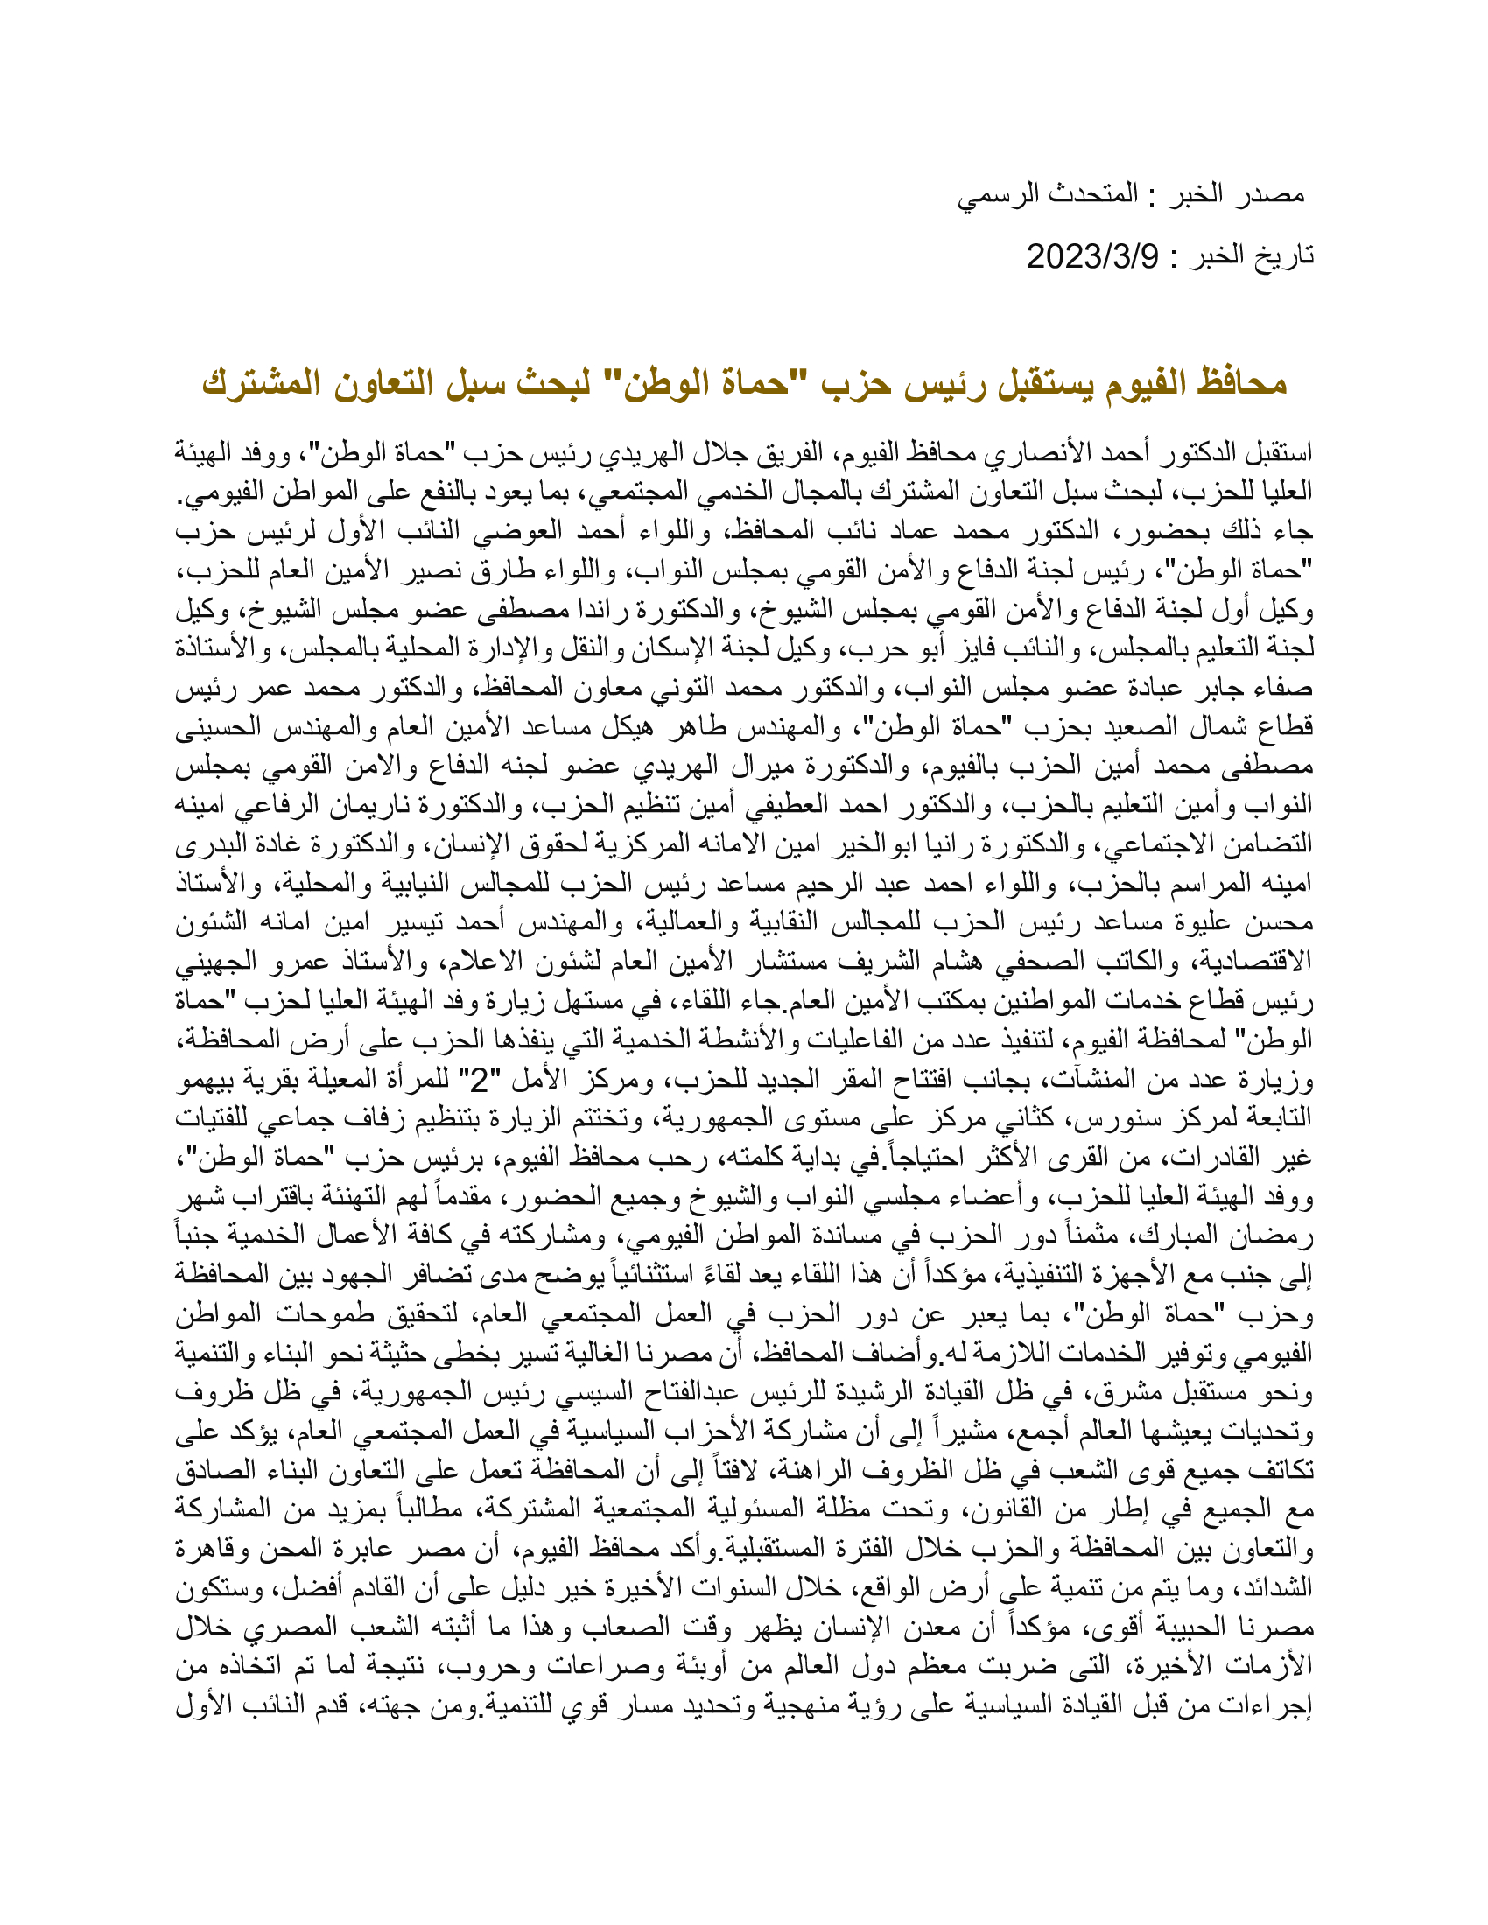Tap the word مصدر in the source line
click(x=1271, y=194)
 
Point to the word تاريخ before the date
click(x=1282, y=256)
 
